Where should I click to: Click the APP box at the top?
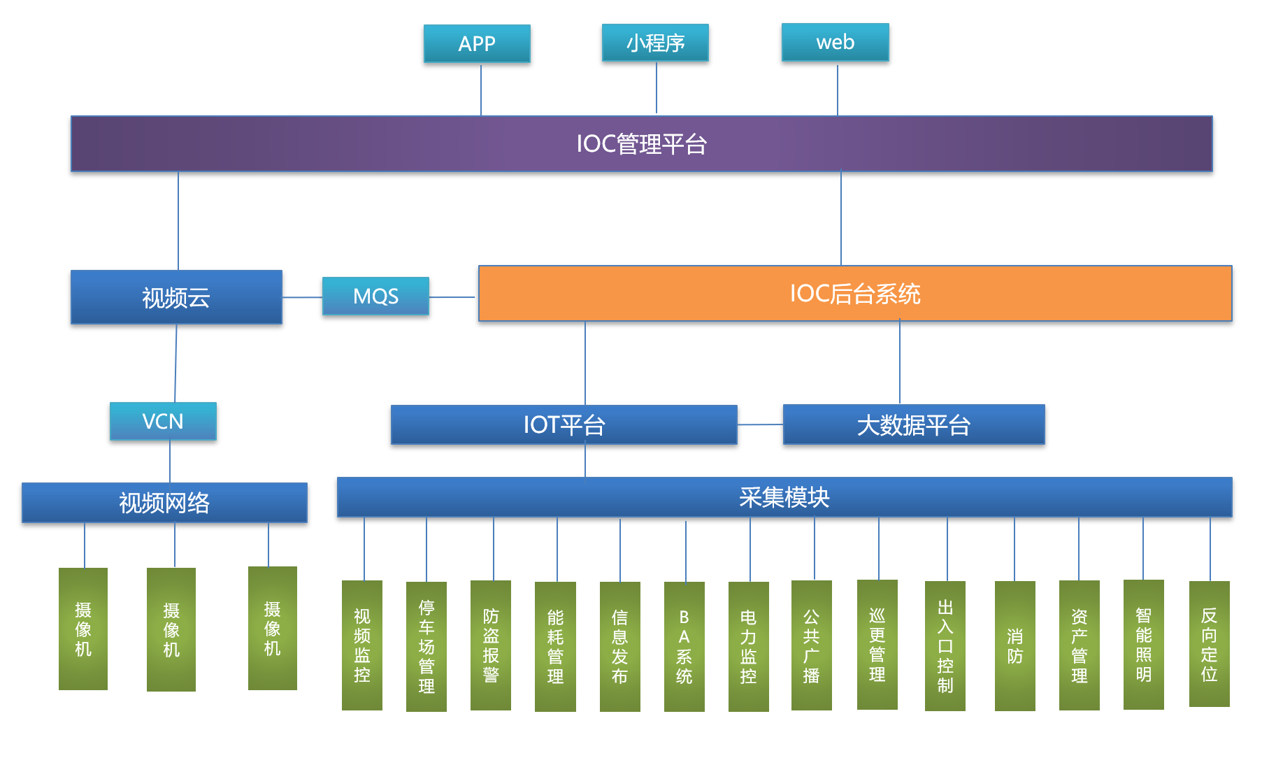tap(477, 43)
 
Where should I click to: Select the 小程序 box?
tap(655, 43)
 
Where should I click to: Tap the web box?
tap(835, 42)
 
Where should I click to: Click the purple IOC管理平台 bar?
tap(641, 144)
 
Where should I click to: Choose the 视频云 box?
tap(176, 297)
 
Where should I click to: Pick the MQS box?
tap(375, 296)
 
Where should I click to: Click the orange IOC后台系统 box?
tap(854, 294)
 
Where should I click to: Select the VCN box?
tap(163, 421)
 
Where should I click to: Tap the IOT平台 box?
tap(564, 424)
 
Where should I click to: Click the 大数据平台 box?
tap(913, 424)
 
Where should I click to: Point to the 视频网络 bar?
tap(164, 502)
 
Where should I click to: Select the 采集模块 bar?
tap(784, 497)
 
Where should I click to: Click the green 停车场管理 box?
tap(426, 646)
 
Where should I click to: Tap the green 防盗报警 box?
tap(491, 645)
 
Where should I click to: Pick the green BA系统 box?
tap(684, 646)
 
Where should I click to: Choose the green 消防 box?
tap(1014, 645)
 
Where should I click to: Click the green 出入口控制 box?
tap(945, 645)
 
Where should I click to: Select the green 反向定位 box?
tap(1209, 644)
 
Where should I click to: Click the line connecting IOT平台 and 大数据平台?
tap(760, 424)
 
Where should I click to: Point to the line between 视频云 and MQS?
tap(302, 297)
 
